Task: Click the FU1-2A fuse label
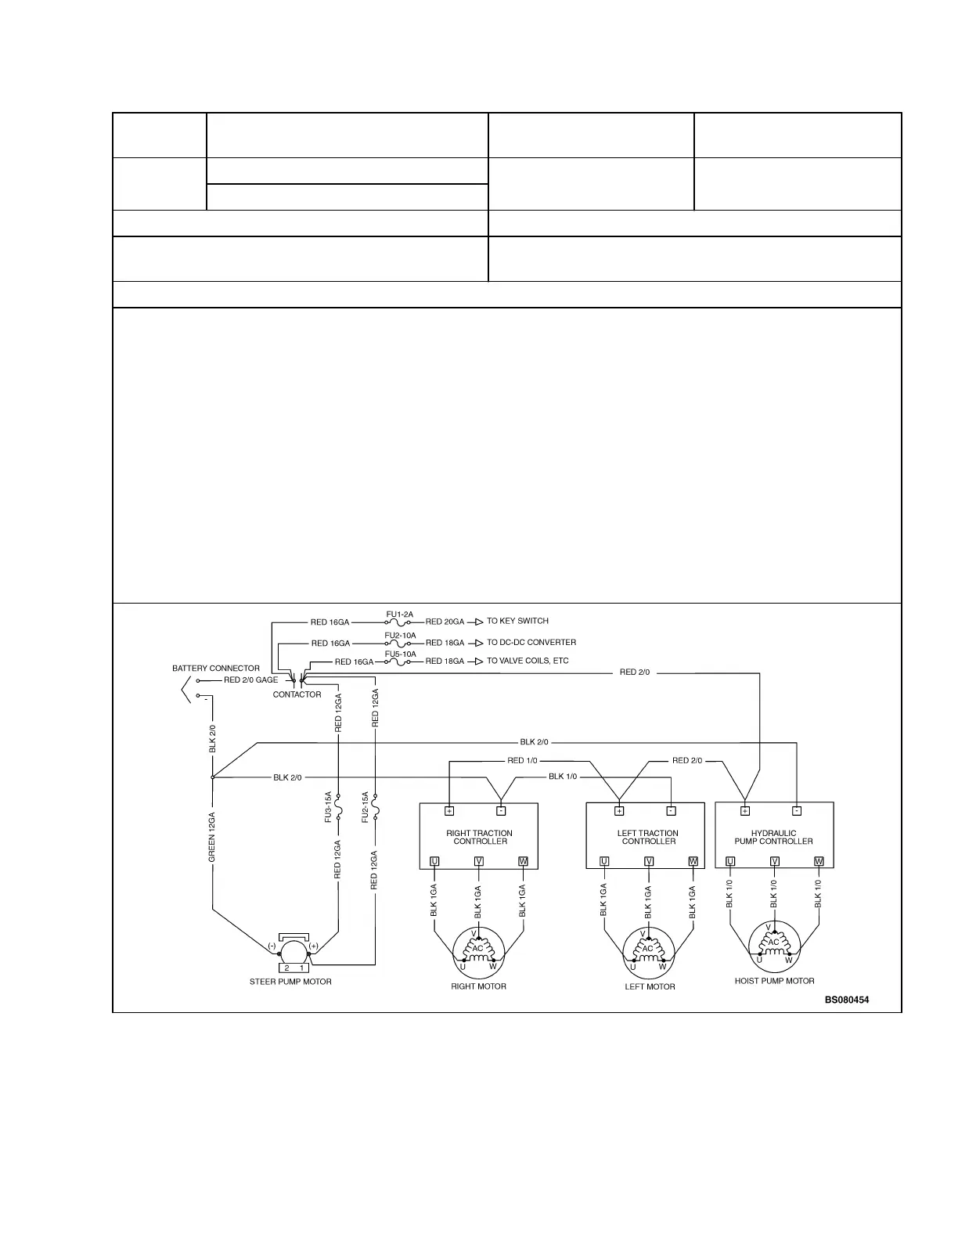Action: point(399,615)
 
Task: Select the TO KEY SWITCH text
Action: point(517,621)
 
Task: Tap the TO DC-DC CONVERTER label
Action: point(531,643)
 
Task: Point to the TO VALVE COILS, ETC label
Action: point(528,661)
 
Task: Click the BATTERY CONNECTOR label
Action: point(216,669)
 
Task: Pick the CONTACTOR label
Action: point(297,694)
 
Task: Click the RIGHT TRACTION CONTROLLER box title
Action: point(479,838)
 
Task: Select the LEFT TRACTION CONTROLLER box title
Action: point(648,838)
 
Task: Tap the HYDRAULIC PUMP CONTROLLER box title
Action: point(773,838)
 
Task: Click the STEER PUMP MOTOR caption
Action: point(290,982)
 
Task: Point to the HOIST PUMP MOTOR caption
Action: point(774,981)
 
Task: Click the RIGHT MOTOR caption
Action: point(478,986)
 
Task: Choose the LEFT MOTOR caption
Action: point(650,986)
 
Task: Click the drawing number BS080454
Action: point(846,1000)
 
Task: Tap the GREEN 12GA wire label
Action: point(212,838)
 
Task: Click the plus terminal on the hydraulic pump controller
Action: point(745,811)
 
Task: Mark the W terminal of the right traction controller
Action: point(523,862)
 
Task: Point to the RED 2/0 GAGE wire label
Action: point(250,679)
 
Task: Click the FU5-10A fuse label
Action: point(400,654)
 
